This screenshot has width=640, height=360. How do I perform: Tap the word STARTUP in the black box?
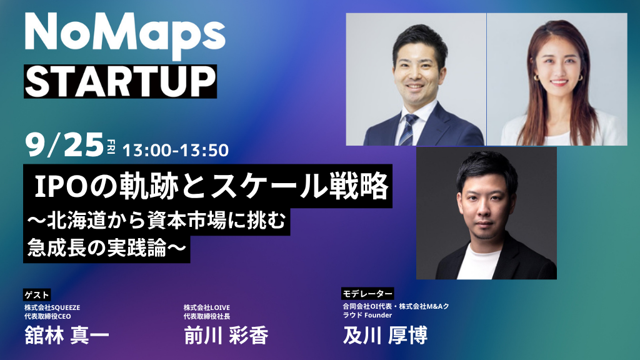click(x=121, y=82)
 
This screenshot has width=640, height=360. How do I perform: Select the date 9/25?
click(x=64, y=145)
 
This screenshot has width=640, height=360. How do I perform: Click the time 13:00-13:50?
click(x=176, y=150)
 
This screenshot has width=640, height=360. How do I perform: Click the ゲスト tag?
click(x=37, y=295)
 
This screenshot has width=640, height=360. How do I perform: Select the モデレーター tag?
click(x=367, y=294)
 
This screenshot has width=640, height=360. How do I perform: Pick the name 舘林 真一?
click(x=67, y=336)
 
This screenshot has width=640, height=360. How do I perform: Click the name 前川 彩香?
click(x=226, y=336)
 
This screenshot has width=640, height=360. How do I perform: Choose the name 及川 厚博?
click(x=385, y=335)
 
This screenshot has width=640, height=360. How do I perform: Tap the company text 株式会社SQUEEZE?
click(x=52, y=307)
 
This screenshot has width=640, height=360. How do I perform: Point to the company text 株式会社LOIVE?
click(x=207, y=307)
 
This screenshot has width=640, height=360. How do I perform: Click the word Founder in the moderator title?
click(x=378, y=315)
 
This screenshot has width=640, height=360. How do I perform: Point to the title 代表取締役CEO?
click(x=47, y=316)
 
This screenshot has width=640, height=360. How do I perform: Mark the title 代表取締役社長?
click(x=207, y=316)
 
